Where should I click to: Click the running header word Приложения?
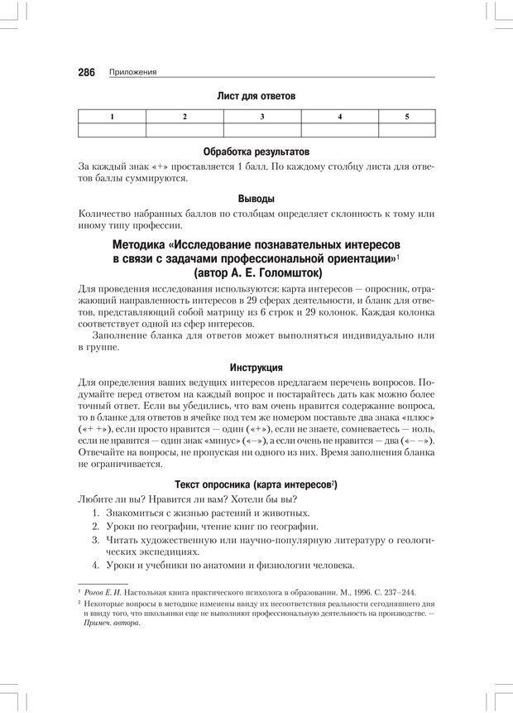(x=133, y=73)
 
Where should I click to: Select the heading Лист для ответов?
(x=256, y=96)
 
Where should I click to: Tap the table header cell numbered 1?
(x=112, y=117)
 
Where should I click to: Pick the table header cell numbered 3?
(x=262, y=117)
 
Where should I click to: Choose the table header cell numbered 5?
(x=407, y=117)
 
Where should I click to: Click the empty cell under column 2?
(x=185, y=130)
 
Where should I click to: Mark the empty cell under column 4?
(x=340, y=130)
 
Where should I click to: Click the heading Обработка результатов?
(x=256, y=152)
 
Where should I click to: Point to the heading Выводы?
(x=256, y=200)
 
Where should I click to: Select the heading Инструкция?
(x=256, y=367)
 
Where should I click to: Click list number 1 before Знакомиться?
(x=96, y=515)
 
